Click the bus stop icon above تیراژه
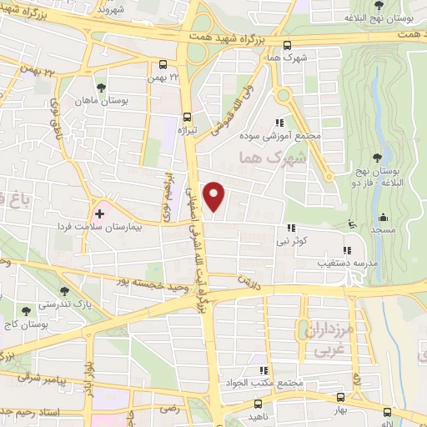pos(187,117)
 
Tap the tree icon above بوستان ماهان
pos(101,87)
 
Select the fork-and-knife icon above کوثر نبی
pos(291,227)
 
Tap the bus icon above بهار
pos(339,398)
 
